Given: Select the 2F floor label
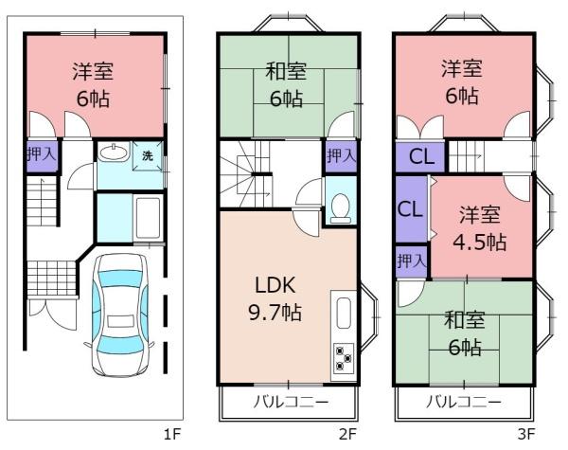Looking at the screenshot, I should click(x=347, y=435).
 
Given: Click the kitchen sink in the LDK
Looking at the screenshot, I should click(x=342, y=314).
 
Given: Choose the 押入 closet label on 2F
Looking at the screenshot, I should click(x=341, y=156).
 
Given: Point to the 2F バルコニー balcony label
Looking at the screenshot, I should click(x=291, y=403).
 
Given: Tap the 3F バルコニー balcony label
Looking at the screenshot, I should click(x=464, y=403).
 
